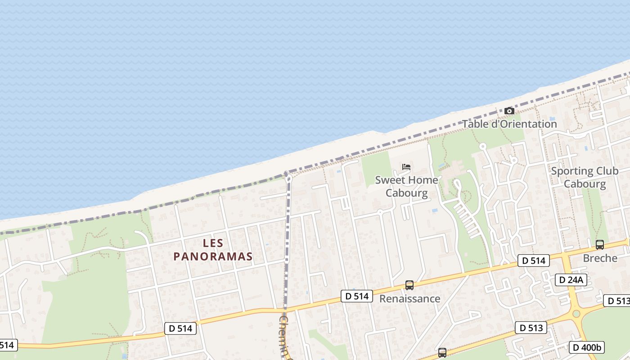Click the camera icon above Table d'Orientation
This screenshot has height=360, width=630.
tap(509, 111)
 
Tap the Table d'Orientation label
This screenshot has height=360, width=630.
tap(509, 124)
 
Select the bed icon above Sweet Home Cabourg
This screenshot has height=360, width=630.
tap(406, 167)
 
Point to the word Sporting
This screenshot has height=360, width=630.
tap(572, 171)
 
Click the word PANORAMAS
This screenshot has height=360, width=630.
tap(213, 256)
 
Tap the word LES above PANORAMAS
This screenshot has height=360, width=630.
tap(213, 243)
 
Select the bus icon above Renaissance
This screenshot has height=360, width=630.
tap(409, 285)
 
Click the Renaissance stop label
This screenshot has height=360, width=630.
tap(409, 298)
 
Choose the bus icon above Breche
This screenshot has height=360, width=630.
tap(599, 245)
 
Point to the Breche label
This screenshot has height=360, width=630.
tap(600, 258)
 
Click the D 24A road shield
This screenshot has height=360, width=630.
tap(571, 280)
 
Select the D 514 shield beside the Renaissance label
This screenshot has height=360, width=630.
tap(357, 296)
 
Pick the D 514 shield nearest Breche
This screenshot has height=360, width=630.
tap(533, 260)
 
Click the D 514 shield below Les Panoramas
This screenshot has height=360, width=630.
tap(180, 328)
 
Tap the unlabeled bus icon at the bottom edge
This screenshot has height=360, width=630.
tap(442, 353)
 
